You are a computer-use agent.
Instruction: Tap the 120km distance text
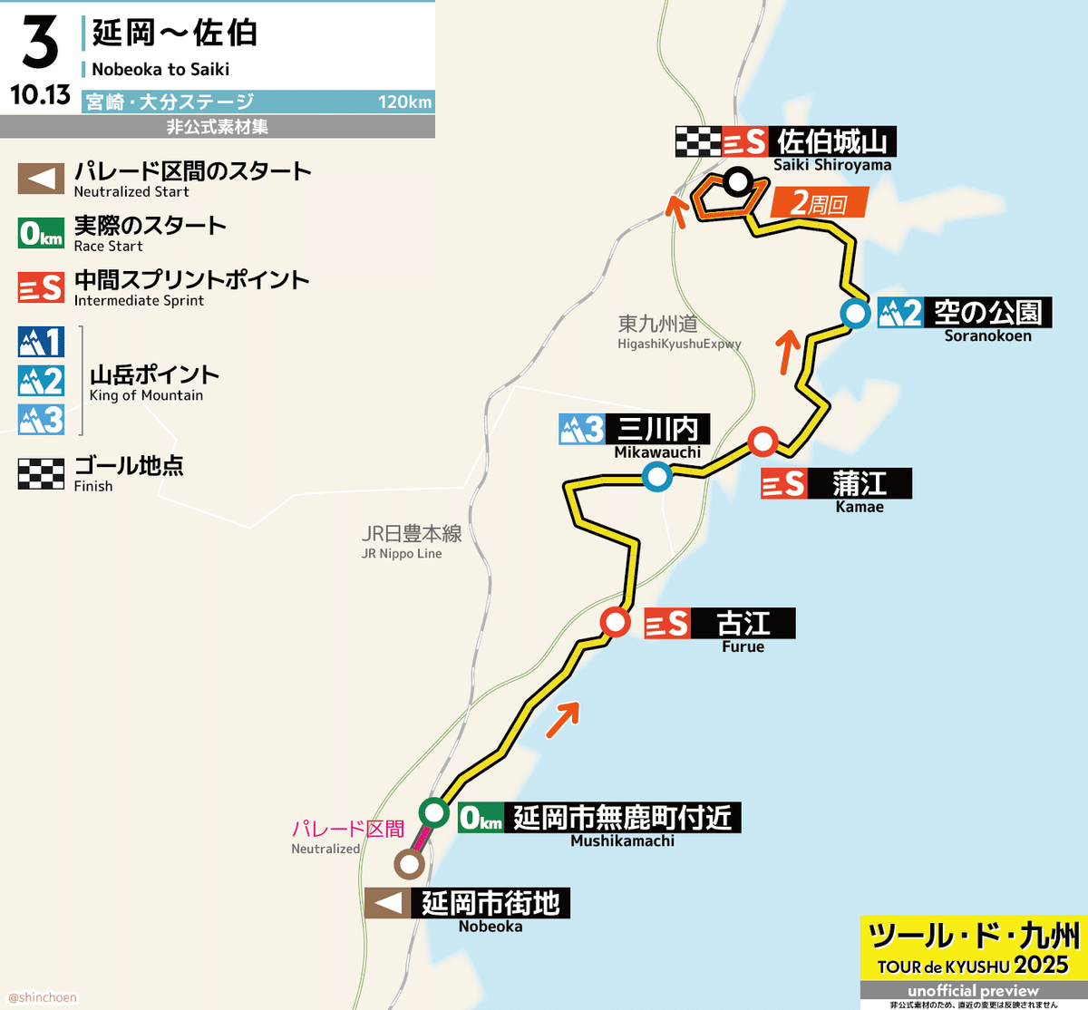click(405, 102)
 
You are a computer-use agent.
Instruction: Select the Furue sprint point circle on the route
click(616, 623)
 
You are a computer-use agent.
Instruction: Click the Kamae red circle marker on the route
click(763, 442)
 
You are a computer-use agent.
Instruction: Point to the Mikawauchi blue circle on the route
click(656, 476)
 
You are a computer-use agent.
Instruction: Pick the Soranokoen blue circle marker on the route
click(854, 314)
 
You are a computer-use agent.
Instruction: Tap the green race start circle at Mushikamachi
click(435, 811)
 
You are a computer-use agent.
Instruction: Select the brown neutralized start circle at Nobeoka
click(409, 864)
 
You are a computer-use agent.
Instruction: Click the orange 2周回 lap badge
click(819, 203)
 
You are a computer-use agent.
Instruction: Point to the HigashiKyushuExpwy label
click(679, 345)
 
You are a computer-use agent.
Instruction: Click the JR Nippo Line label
click(402, 554)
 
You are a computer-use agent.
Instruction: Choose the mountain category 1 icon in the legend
click(41, 342)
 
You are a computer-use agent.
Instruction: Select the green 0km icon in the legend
click(41, 234)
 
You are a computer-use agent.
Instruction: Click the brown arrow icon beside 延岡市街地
click(388, 903)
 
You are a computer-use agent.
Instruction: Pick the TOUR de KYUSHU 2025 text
click(973, 966)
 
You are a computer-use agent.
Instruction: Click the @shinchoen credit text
click(43, 997)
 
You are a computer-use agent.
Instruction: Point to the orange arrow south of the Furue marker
click(562, 720)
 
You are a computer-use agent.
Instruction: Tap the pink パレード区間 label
click(348, 829)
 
